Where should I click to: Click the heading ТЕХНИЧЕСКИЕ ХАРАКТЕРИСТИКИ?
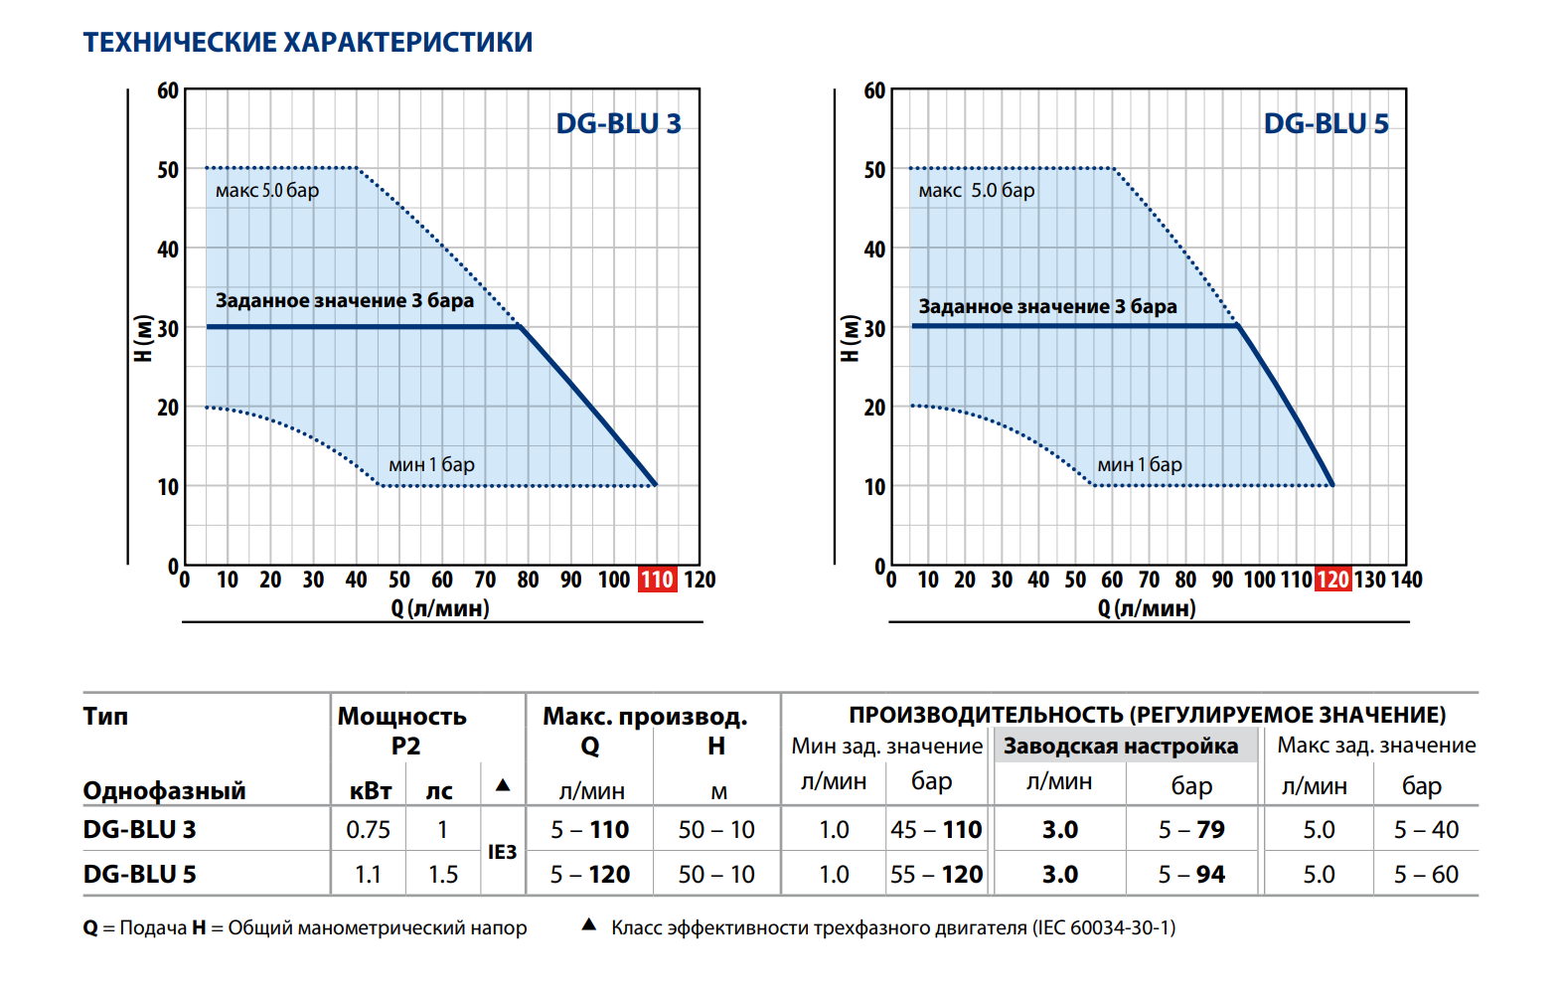click(x=308, y=43)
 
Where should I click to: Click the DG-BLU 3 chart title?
click(x=618, y=124)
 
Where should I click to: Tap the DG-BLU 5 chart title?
click(x=1326, y=124)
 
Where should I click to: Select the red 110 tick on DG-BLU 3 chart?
click(x=657, y=580)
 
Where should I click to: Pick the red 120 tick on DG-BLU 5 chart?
click(x=1332, y=580)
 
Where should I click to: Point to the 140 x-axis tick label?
click(x=1406, y=580)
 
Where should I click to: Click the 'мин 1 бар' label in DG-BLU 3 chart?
click(x=431, y=464)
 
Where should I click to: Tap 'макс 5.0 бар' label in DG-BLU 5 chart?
click(x=977, y=190)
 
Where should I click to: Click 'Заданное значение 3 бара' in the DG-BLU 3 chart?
click(x=344, y=300)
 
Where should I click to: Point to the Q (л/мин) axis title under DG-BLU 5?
click(x=1147, y=608)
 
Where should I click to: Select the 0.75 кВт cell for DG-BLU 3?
click(x=368, y=829)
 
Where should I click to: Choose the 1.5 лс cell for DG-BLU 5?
click(x=443, y=874)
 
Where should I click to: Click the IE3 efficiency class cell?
click(x=502, y=852)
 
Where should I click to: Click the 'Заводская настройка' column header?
click(x=1120, y=746)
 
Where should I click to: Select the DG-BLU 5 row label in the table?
click(x=140, y=874)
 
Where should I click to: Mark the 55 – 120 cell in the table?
click(x=936, y=874)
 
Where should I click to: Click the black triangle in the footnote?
click(x=589, y=925)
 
